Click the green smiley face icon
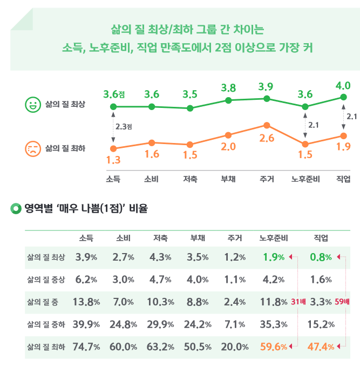tap(33, 104)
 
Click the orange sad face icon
tap(33, 148)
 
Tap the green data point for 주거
tap(267, 98)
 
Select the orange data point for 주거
tap(267, 126)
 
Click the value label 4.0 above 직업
tap(343, 86)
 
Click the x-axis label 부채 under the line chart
tap(228, 179)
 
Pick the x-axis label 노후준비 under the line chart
tap(305, 179)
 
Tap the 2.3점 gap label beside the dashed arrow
tap(124, 127)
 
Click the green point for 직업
tap(343, 97)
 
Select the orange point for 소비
tap(152, 142)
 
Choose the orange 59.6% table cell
tap(273, 347)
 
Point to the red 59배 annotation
tap(342, 302)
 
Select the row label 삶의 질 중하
tap(46, 324)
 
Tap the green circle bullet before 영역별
tap(15, 207)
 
